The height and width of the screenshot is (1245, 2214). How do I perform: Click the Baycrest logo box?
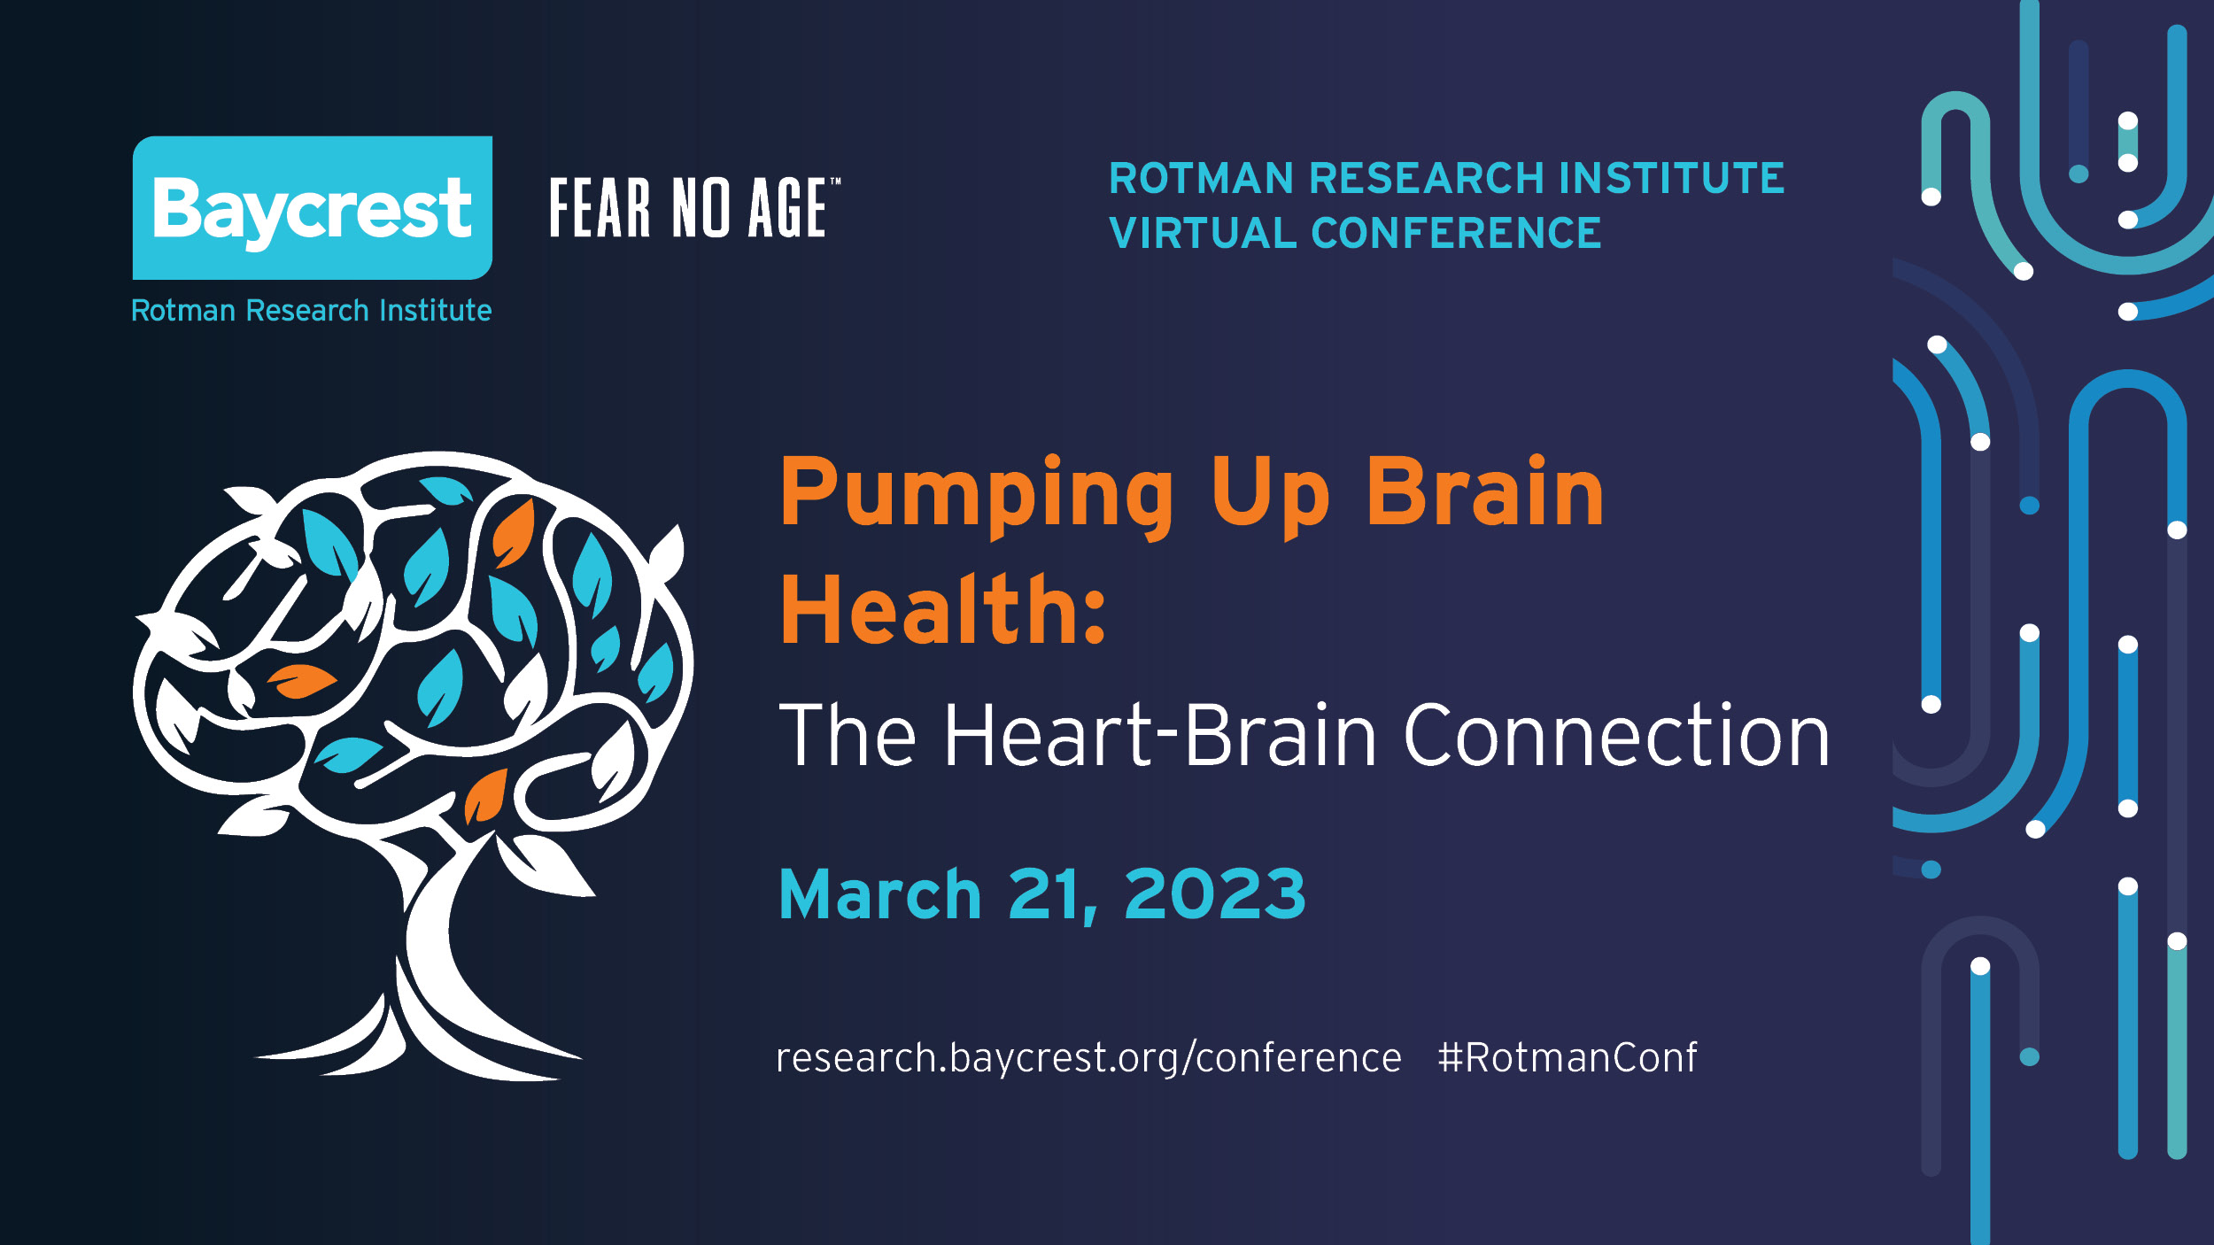tap(313, 207)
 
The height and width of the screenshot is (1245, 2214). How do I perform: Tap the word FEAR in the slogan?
tap(600, 207)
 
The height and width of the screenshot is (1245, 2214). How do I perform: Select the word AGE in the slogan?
tap(787, 207)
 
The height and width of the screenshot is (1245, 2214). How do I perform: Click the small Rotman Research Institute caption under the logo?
tap(311, 311)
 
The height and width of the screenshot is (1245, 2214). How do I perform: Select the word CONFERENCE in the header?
tap(1456, 233)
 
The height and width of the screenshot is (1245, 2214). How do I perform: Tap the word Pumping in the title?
tap(977, 496)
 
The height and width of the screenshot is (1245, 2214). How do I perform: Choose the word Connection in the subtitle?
tap(1617, 734)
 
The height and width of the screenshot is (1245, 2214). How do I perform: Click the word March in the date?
tap(880, 895)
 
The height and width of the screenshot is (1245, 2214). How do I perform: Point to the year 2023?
tap(1215, 894)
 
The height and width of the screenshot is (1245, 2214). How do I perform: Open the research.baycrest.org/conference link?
tap(1088, 1058)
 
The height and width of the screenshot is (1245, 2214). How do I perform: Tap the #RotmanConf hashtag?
tap(1568, 1057)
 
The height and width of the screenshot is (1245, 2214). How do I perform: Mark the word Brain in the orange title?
tap(1485, 492)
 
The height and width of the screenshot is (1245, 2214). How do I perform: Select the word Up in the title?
tap(1270, 496)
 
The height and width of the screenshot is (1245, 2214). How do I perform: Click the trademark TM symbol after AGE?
tap(835, 182)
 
